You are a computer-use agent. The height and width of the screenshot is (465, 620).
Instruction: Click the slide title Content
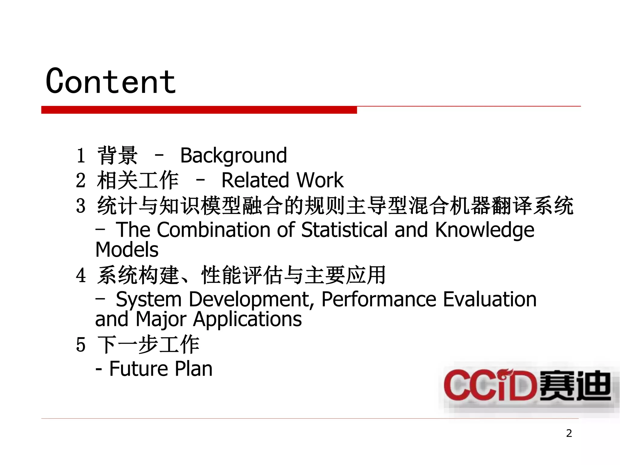coord(111,81)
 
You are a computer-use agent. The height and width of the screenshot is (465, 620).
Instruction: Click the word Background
coord(233,156)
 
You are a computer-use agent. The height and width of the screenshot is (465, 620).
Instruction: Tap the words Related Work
coord(282,180)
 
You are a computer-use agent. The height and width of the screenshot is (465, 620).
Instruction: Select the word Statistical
coord(345,230)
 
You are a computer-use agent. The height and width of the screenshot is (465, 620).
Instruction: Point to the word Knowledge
coord(484,230)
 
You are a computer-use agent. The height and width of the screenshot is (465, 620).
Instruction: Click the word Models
coord(127,250)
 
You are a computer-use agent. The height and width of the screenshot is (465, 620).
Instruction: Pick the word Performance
coord(379,299)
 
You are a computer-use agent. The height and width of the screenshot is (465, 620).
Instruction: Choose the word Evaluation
coord(490,299)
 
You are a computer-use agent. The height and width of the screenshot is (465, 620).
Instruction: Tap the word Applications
coord(247,319)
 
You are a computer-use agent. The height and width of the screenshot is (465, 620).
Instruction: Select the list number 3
coord(81,206)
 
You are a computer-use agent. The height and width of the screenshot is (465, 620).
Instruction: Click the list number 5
coord(81,345)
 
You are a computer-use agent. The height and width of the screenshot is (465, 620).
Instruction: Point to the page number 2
coord(569,433)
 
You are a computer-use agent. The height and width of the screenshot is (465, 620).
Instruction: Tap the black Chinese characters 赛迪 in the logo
coord(575,386)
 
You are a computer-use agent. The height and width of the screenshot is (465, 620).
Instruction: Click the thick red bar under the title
coord(199,110)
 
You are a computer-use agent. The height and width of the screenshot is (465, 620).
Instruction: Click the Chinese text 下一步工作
coord(148,345)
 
